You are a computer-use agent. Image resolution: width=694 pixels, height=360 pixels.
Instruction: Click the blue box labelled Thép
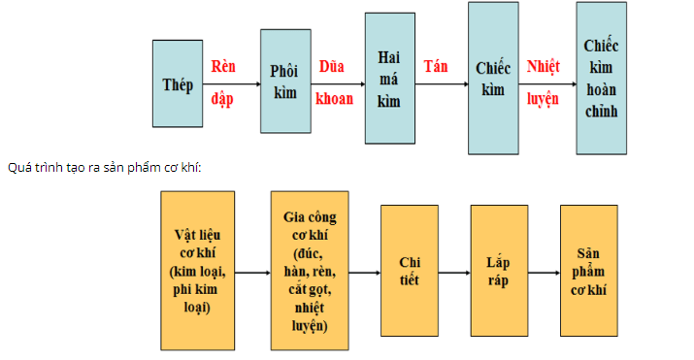coord(178,83)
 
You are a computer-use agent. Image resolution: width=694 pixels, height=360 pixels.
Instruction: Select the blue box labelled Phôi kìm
coord(284,82)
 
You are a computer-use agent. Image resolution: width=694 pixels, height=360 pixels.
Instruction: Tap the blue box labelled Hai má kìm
coord(389,79)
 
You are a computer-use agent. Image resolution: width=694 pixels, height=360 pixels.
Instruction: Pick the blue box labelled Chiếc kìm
coord(493,78)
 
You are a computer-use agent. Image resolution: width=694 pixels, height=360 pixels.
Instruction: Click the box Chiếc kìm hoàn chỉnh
coord(601,78)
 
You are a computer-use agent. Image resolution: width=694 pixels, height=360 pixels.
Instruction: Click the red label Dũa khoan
coord(334,82)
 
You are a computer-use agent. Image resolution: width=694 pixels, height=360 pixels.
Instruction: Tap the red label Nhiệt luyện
coord(544,82)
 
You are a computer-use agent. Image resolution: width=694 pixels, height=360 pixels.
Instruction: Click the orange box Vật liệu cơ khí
coord(200,271)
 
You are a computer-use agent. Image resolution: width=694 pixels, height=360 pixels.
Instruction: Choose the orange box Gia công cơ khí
coord(310,271)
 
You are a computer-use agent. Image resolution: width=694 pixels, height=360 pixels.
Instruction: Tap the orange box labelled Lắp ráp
coord(498,271)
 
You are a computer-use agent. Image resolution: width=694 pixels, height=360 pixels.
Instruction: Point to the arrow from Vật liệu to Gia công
coord(254,273)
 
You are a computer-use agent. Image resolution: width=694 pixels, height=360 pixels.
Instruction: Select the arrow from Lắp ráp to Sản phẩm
coord(543,273)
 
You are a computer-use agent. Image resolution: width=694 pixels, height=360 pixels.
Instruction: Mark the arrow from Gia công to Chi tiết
coord(365,273)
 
